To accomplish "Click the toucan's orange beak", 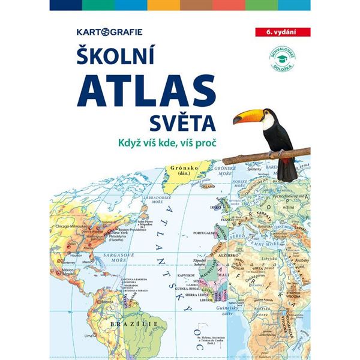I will click(247, 115).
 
